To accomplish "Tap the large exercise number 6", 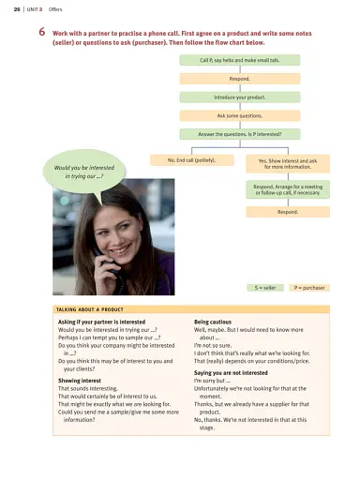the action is [x=43, y=31].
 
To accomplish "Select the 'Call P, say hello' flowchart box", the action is [x=240, y=60].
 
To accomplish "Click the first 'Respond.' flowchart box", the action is [x=240, y=79].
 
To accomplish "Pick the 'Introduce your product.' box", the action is [x=240, y=97].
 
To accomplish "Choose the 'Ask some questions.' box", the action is [x=240, y=115].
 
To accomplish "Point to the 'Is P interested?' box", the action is [x=240, y=134].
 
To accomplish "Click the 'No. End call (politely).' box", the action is [x=191, y=160].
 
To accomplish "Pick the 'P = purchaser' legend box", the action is [x=307, y=288].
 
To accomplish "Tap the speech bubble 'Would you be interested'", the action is [x=79, y=172].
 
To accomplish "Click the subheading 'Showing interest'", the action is [x=81, y=381].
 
